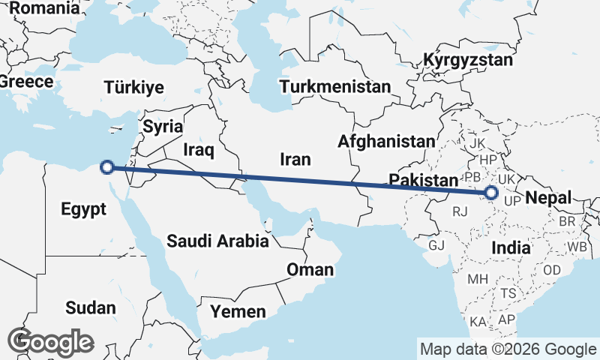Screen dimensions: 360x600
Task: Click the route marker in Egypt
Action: pyautogui.click(x=107, y=167)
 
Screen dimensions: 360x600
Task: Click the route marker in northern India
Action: pyautogui.click(x=491, y=193)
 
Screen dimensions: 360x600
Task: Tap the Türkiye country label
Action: pyautogui.click(x=134, y=87)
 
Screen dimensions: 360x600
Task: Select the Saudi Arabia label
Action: pyautogui.click(x=217, y=241)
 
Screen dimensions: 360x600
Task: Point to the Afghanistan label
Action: pyautogui.click(x=386, y=141)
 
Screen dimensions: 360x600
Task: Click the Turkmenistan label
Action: pyautogui.click(x=335, y=86)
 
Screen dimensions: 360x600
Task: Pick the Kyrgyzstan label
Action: pyautogui.click(x=468, y=60)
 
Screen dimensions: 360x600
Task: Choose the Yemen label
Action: pyautogui.click(x=238, y=311)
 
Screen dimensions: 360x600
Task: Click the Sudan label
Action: pyautogui.click(x=91, y=307)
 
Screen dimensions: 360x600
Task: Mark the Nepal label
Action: pyautogui.click(x=548, y=198)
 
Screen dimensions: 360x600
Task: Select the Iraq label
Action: pyautogui.click(x=199, y=151)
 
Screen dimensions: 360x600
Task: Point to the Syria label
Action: pyautogui.click(x=163, y=126)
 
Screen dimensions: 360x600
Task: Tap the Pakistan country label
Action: pyautogui.click(x=423, y=180)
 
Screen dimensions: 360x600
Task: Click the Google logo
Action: pyautogui.click(x=51, y=341)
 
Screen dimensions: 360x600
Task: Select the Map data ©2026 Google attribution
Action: pyautogui.click(x=508, y=349)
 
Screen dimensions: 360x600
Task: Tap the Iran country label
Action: pyautogui.click(x=295, y=159)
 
